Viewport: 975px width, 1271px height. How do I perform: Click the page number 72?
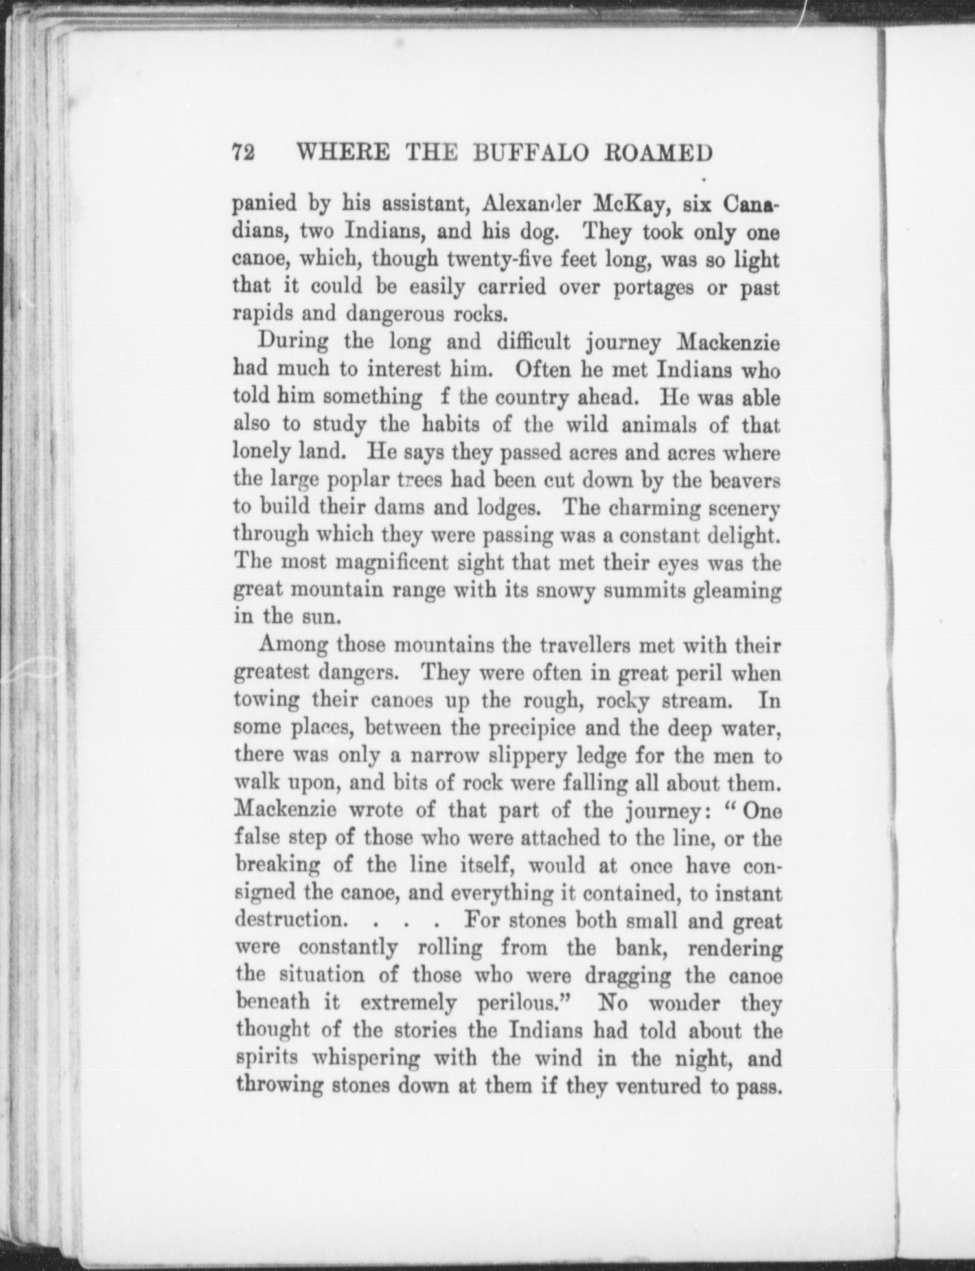coord(242,153)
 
